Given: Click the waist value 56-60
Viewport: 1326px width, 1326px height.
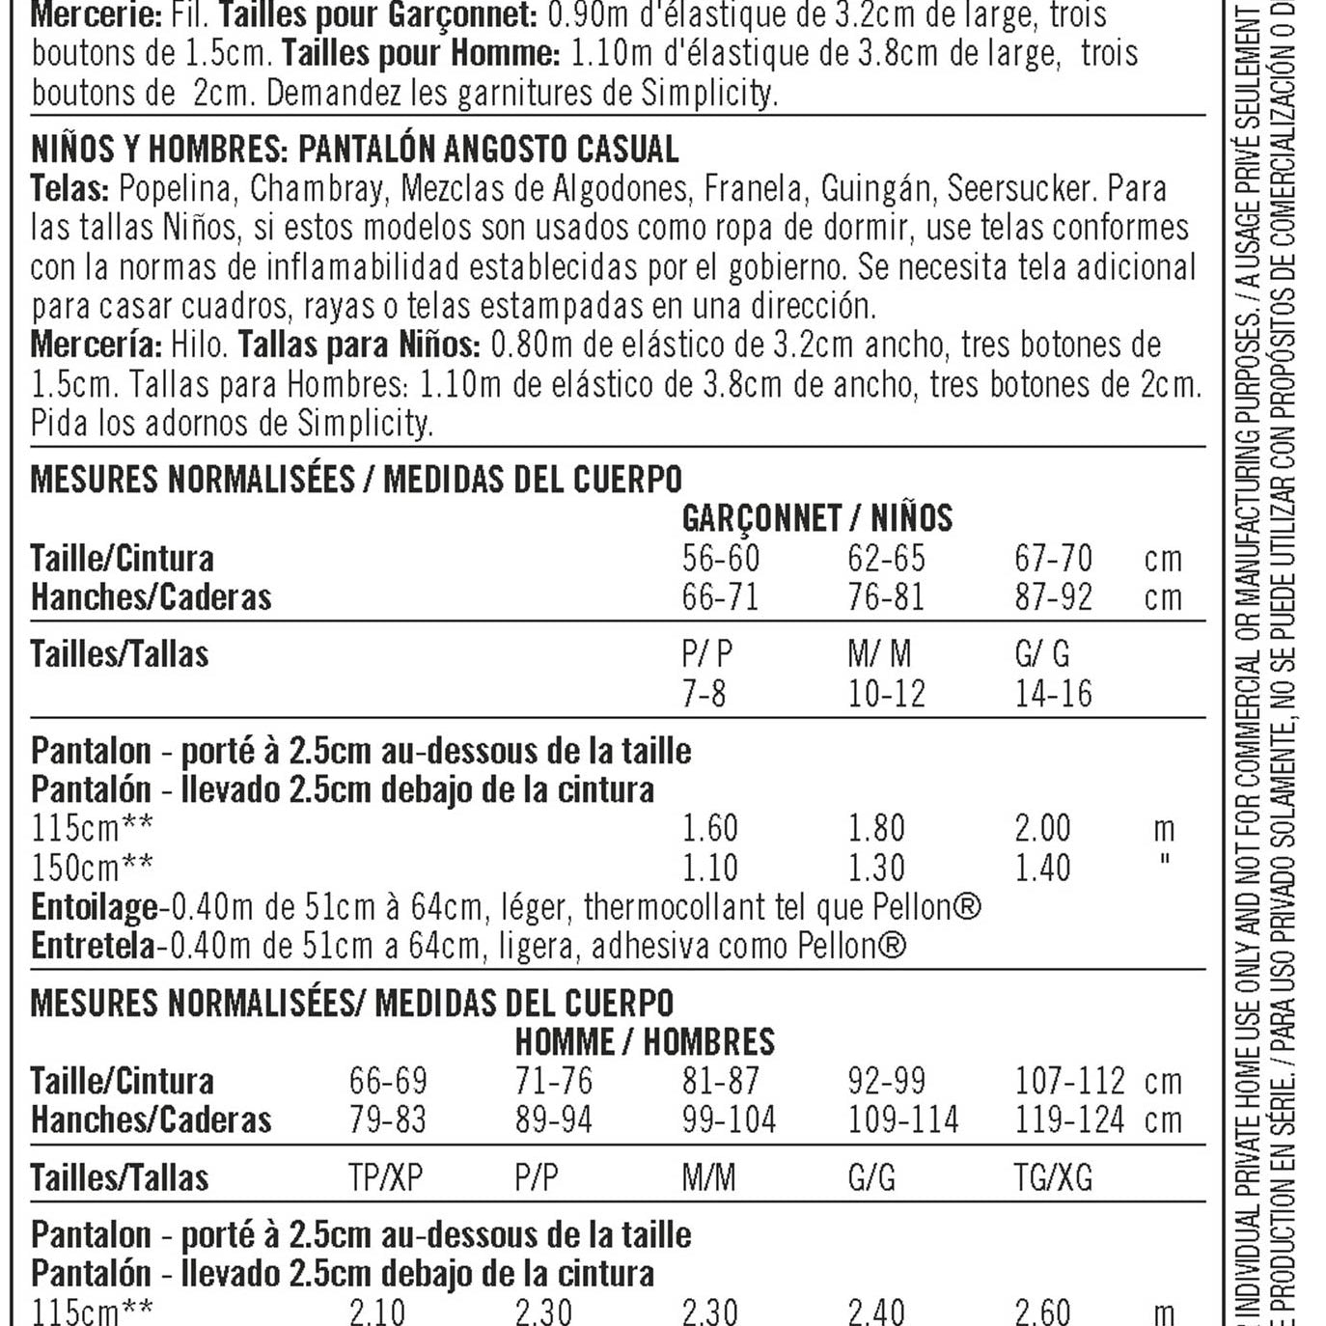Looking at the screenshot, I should (x=720, y=559).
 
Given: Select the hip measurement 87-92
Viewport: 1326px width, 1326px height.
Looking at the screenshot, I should (x=1053, y=597).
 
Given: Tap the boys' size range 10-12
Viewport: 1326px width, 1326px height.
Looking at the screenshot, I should (x=886, y=694).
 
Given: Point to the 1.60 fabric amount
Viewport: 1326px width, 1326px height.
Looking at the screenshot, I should (x=709, y=829).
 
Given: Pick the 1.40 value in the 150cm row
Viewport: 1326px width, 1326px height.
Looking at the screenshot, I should (x=1042, y=868).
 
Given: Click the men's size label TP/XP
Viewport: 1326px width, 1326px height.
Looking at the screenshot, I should (x=385, y=1178).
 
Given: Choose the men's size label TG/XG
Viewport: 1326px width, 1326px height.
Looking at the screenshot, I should (x=1053, y=1178).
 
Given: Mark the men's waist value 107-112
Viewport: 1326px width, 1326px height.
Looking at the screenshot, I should (x=1069, y=1081).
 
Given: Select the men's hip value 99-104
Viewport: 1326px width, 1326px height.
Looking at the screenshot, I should (x=729, y=1120).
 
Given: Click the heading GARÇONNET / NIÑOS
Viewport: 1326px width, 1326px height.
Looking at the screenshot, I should (x=816, y=519).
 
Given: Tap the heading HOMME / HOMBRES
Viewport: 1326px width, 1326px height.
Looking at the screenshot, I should (x=645, y=1042).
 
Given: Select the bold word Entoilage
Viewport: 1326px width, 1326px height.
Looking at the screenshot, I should (x=95, y=907).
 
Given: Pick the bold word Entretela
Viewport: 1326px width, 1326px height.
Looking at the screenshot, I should (x=93, y=946).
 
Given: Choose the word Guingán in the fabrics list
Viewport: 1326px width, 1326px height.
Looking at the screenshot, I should (x=876, y=188).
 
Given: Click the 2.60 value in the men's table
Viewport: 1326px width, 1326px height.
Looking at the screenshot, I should (x=1042, y=1312).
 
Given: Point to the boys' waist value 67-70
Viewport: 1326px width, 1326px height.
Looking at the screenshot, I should (x=1053, y=559).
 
